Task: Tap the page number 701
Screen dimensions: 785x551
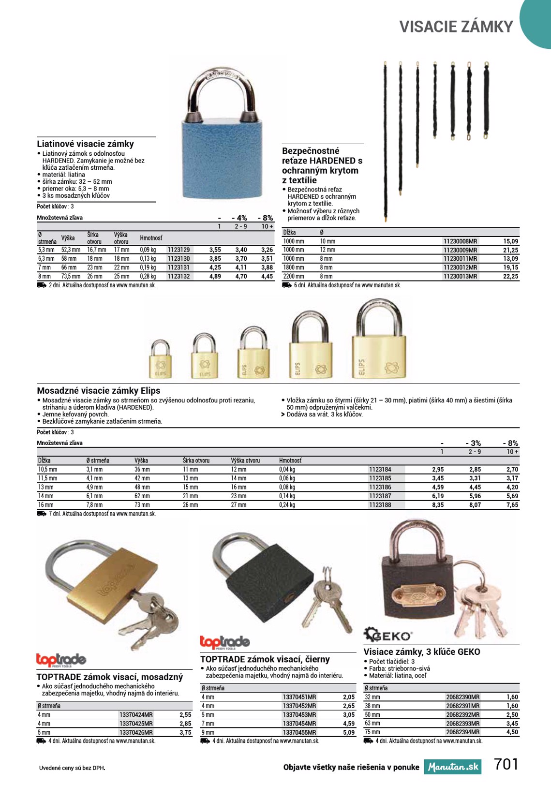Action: pos(506,764)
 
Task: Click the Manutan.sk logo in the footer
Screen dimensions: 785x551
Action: pos(453,767)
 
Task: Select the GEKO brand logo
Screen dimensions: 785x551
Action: pos(388,635)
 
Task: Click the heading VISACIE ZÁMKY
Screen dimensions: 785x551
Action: pos(456,27)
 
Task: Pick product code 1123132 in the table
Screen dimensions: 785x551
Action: pos(179,277)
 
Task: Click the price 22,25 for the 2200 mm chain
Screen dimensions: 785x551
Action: pos(510,277)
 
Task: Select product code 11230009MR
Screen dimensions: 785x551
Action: pos(460,250)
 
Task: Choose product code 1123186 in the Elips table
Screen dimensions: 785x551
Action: pos(380,487)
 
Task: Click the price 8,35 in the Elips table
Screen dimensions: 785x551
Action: pos(438,505)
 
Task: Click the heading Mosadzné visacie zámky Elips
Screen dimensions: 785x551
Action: pos(99,390)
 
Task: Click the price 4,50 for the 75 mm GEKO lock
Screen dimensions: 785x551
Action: pos(512,732)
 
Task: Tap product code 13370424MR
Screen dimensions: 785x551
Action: pos(135,715)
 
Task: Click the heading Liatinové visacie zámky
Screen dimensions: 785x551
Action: pos(86,144)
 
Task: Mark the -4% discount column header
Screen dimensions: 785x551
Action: pos(240,218)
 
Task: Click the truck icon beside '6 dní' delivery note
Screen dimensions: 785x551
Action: pos(286,285)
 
